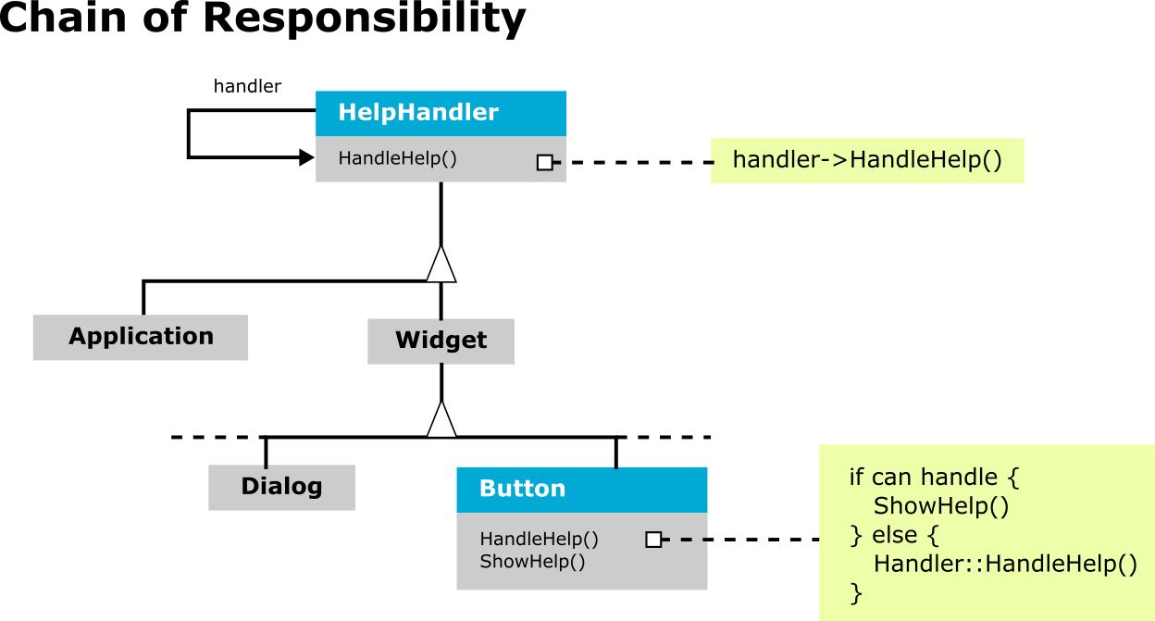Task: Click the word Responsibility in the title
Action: pyautogui.click(x=364, y=19)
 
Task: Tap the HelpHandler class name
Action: pyautogui.click(x=418, y=112)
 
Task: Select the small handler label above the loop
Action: pyautogui.click(x=247, y=86)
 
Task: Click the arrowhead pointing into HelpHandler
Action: pyautogui.click(x=307, y=157)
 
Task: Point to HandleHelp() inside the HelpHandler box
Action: pyautogui.click(x=398, y=158)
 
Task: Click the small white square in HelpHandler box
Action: pyautogui.click(x=544, y=163)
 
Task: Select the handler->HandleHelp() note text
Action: pyautogui.click(x=867, y=160)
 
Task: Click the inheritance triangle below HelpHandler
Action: pyautogui.click(x=441, y=264)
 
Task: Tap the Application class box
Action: pyautogui.click(x=141, y=337)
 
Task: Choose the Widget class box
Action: pyautogui.click(x=441, y=342)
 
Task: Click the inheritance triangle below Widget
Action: pyautogui.click(x=441, y=419)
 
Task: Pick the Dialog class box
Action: pyautogui.click(x=281, y=488)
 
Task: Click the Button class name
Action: pyautogui.click(x=522, y=489)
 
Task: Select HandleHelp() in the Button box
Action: pyautogui.click(x=539, y=539)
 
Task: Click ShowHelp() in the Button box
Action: pyautogui.click(x=532, y=562)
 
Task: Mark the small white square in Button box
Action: pyautogui.click(x=653, y=540)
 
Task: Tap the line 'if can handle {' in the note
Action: pyautogui.click(x=934, y=478)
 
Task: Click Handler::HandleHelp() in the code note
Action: pyautogui.click(x=1005, y=564)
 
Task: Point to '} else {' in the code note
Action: pyautogui.click(x=895, y=535)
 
